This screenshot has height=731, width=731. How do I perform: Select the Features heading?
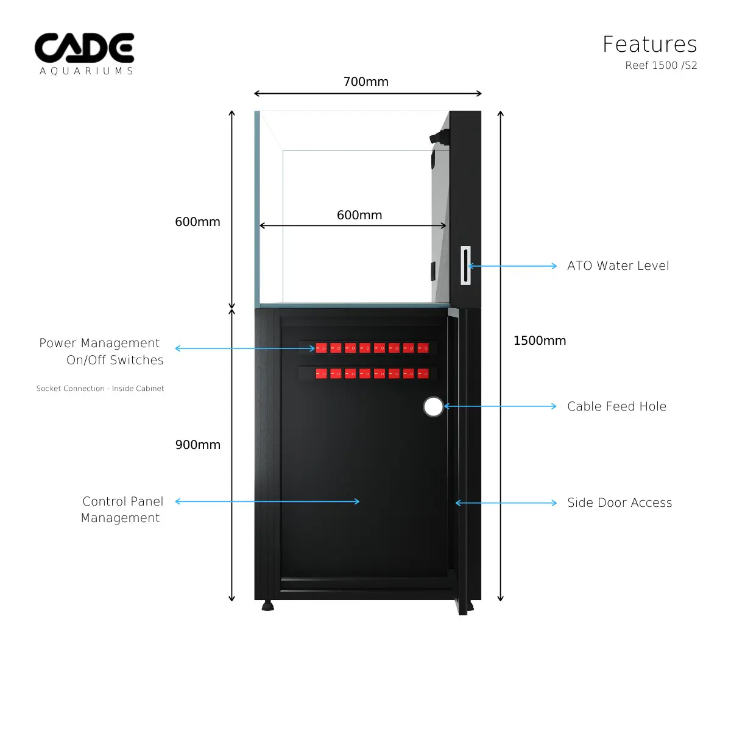[649, 44]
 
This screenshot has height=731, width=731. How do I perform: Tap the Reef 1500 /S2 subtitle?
[661, 65]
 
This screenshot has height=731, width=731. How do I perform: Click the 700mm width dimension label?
[365, 82]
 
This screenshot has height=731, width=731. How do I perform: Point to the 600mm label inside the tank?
[359, 215]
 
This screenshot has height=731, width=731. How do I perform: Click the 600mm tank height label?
[197, 222]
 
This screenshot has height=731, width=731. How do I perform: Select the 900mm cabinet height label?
[197, 445]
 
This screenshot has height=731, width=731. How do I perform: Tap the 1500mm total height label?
[540, 341]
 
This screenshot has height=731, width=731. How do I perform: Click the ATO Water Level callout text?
[618, 266]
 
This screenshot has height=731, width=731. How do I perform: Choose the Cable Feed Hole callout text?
[616, 406]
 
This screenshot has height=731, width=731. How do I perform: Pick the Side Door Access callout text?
[620, 503]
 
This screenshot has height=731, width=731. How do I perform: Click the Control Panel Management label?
[122, 509]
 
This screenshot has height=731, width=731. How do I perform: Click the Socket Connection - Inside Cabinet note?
[100, 389]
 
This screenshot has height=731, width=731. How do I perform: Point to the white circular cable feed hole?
[433, 406]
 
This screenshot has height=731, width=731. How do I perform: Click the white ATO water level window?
[465, 266]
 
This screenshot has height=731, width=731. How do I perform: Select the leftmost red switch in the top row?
[321, 348]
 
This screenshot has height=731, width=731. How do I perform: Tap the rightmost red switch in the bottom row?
[423, 373]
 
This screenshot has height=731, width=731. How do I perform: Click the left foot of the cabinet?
[267, 606]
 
